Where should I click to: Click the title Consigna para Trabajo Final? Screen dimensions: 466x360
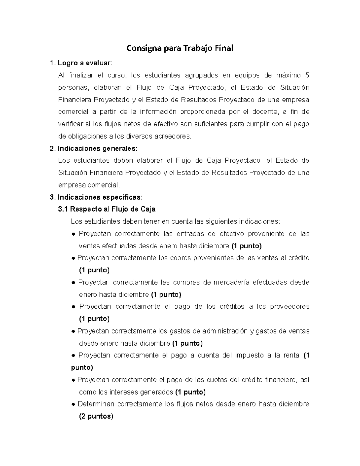(x=180, y=48)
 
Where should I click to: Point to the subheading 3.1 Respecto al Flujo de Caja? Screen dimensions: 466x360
(x=107, y=209)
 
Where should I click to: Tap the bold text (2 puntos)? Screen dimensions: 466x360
(x=96, y=416)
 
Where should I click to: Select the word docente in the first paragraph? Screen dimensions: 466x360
(x=265, y=112)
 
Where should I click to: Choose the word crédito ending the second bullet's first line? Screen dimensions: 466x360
(x=299, y=258)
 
